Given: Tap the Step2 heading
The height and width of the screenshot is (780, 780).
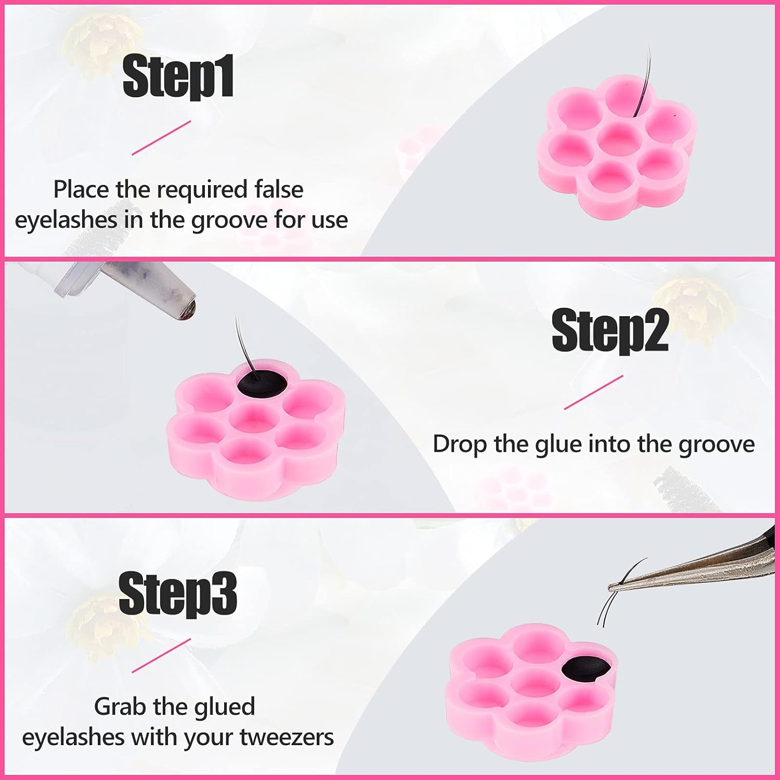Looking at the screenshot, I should click(x=609, y=330).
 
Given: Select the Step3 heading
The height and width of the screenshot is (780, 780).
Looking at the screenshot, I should click(x=178, y=593).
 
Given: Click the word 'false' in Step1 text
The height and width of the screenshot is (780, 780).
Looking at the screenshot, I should click(x=279, y=189).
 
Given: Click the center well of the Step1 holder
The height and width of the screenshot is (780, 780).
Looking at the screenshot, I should click(x=617, y=138).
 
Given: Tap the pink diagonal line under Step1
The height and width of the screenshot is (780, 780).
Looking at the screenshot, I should click(x=161, y=138).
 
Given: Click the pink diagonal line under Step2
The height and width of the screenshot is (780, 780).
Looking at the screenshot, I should click(x=594, y=392).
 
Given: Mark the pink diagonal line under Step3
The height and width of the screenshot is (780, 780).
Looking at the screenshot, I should click(x=161, y=655).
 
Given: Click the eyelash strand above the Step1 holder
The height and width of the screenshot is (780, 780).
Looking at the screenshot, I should click(x=645, y=78).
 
